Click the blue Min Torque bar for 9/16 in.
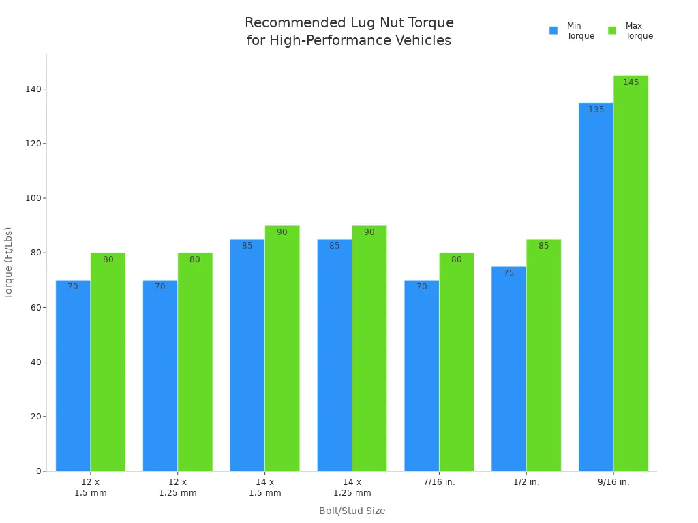[596, 286]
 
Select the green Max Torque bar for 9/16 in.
[631, 272]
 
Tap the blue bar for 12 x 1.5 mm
[73, 375]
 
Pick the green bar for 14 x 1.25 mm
[369, 347]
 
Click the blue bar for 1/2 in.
[509, 368]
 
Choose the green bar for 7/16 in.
[456, 361]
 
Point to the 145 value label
[631, 82]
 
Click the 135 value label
[596, 110]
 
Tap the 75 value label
[509, 273]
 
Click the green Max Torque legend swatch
[612, 31]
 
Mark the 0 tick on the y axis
[40, 471]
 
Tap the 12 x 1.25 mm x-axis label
[178, 488]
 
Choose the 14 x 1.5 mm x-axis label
[264, 488]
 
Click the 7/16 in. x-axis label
[439, 482]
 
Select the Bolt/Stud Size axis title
[352, 511]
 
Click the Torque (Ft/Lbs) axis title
[9, 262]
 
